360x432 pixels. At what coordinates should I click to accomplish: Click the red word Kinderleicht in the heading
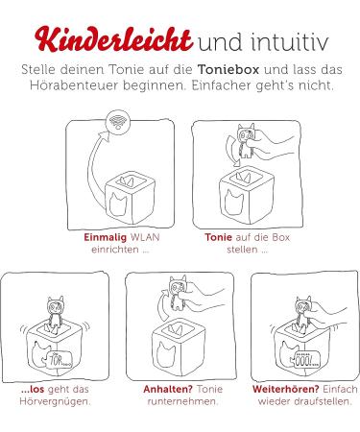pos(113,40)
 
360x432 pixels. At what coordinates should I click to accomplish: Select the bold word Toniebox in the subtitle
pos(228,70)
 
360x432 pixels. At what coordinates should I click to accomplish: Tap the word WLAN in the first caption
pos(145,237)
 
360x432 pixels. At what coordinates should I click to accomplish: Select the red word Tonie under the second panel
pos(219,237)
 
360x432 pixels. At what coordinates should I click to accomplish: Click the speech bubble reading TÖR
pos(60,359)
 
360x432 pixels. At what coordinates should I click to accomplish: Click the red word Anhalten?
pos(168,390)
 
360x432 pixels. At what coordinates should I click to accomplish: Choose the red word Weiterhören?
pos(285,390)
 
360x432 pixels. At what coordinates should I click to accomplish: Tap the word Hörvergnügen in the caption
pos(55,402)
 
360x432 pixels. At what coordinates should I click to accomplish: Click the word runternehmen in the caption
pos(182,401)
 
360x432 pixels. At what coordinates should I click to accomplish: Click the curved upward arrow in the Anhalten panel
pos(162,305)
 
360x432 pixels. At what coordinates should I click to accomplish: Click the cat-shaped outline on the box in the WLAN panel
pos(118,204)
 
